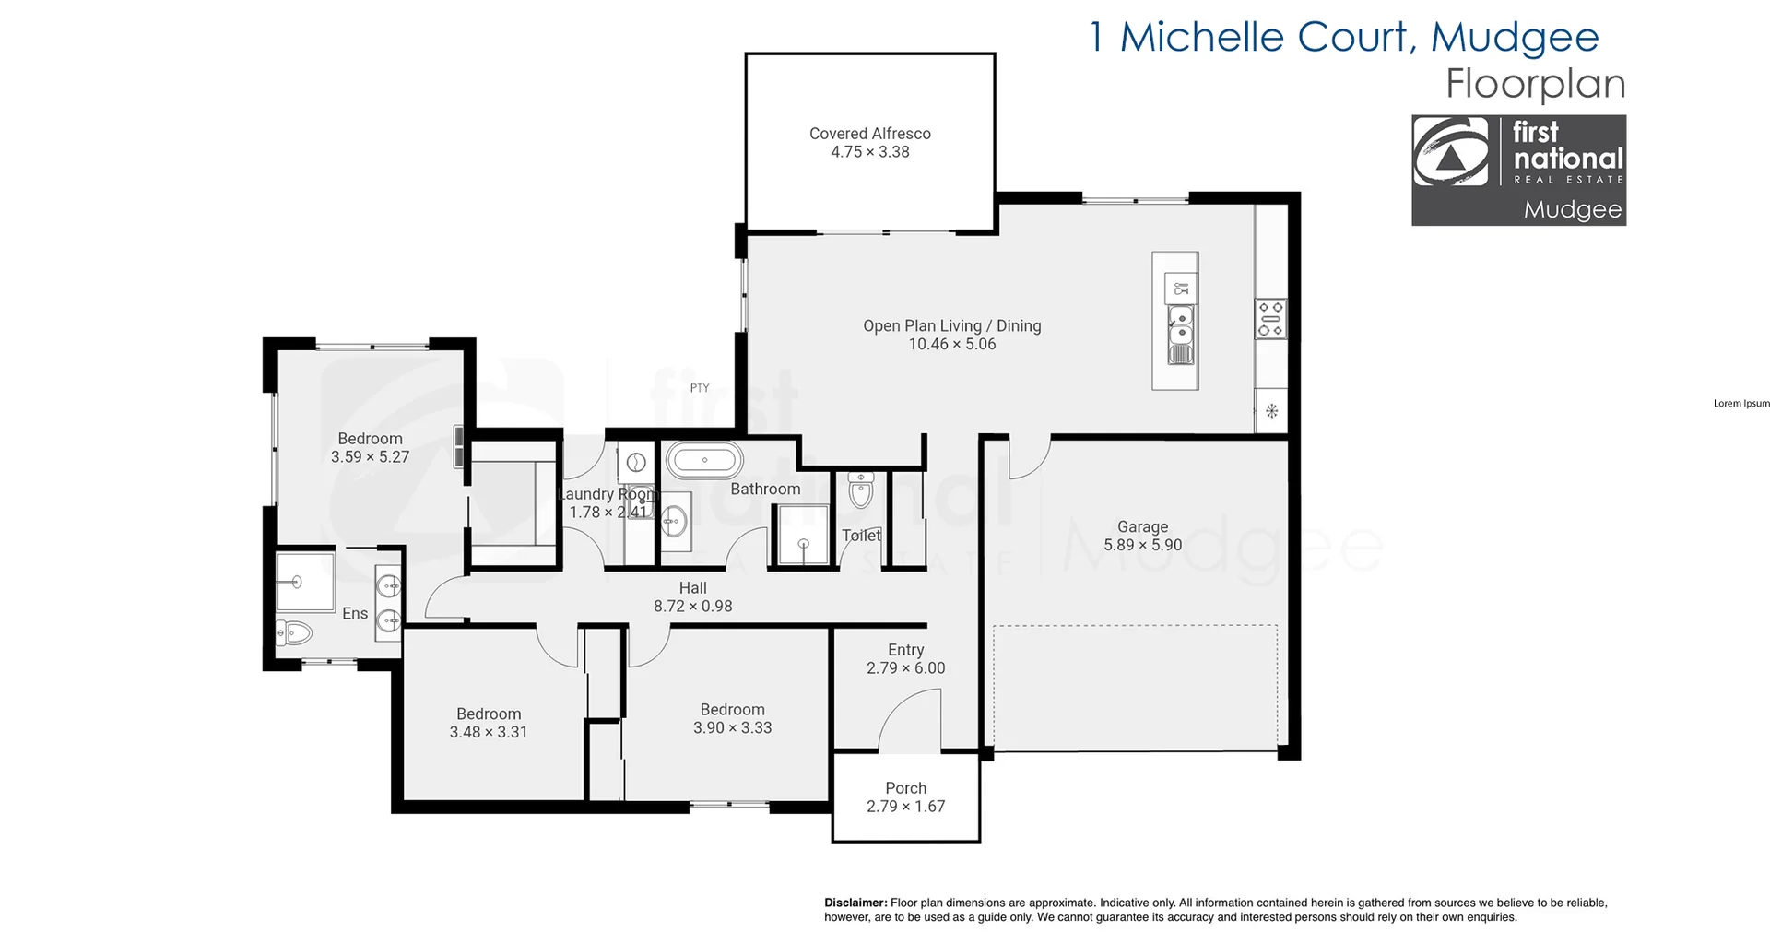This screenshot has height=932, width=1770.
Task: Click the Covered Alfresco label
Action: pyautogui.click(x=869, y=134)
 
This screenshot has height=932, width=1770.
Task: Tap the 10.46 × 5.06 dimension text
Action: pyautogui.click(x=951, y=344)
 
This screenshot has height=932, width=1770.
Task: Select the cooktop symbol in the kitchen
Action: pyautogui.click(x=1270, y=319)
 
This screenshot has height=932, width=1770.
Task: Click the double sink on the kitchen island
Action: pyautogui.click(x=1180, y=336)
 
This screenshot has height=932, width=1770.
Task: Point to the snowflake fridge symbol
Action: pyautogui.click(x=1271, y=411)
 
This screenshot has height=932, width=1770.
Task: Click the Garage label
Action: pyautogui.click(x=1142, y=526)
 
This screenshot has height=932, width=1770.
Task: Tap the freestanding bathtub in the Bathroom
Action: pyautogui.click(x=704, y=459)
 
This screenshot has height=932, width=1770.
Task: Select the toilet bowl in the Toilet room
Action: pyautogui.click(x=860, y=492)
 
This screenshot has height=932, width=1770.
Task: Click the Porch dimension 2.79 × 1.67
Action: pyautogui.click(x=905, y=807)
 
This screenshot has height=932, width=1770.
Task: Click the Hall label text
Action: pyautogui.click(x=692, y=588)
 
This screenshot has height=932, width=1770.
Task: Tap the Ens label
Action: pyautogui.click(x=355, y=614)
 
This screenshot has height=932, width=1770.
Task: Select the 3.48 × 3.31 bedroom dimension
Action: pyautogui.click(x=488, y=732)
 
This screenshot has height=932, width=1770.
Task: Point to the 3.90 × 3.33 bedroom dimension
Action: pyautogui.click(x=732, y=727)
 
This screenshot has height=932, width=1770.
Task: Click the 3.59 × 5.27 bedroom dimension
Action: pyautogui.click(x=370, y=456)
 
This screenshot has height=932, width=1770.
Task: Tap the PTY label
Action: pyautogui.click(x=700, y=388)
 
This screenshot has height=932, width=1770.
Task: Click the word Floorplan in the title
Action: pyautogui.click(x=1534, y=84)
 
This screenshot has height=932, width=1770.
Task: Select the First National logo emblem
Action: pyautogui.click(x=1451, y=153)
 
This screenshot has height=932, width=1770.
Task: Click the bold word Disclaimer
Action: pyautogui.click(x=855, y=903)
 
